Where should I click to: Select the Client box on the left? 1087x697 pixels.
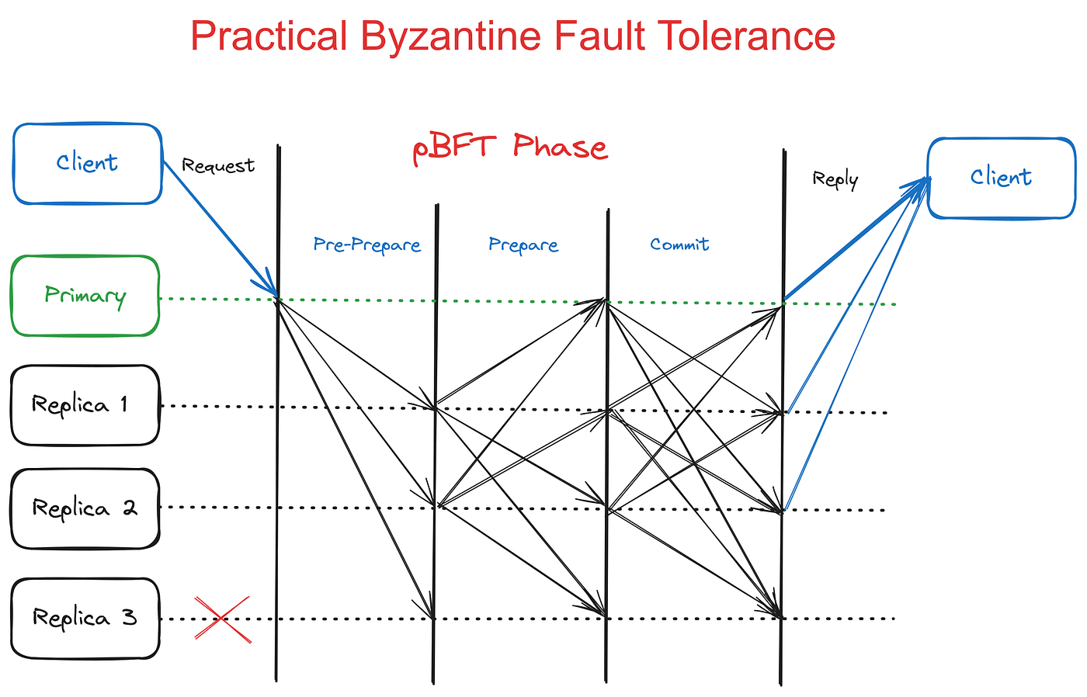pos(87,164)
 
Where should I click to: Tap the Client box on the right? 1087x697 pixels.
pos(1001,178)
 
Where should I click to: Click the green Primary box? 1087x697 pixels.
pos(85,296)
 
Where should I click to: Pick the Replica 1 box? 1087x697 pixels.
pos(85,405)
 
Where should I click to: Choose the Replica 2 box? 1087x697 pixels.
pos(85,508)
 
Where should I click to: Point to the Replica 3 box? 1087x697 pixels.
pos(85,618)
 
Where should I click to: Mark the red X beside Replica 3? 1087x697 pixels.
pos(222,619)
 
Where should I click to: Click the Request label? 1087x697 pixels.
pos(217,165)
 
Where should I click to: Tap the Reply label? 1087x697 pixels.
pos(835,179)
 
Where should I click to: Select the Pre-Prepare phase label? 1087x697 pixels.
pos(366,245)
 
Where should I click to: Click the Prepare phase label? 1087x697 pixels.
pos(523,245)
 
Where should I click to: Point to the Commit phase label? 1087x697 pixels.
pos(679,244)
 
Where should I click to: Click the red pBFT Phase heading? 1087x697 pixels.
pos(509,147)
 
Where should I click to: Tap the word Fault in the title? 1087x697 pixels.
pos(592,36)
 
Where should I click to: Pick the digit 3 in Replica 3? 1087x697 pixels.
pos(129,618)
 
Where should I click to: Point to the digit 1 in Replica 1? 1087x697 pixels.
pos(123,404)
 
